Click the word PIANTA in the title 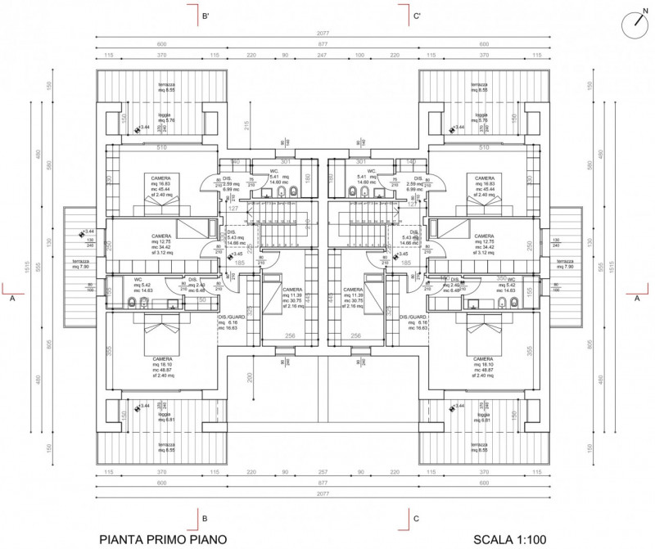[x=124, y=539]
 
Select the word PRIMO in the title [x=171, y=539]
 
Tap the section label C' [x=417, y=16]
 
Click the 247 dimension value [x=322, y=54]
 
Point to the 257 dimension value [x=322, y=472]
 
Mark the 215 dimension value [x=246, y=124]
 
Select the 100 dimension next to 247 [x=359, y=54]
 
